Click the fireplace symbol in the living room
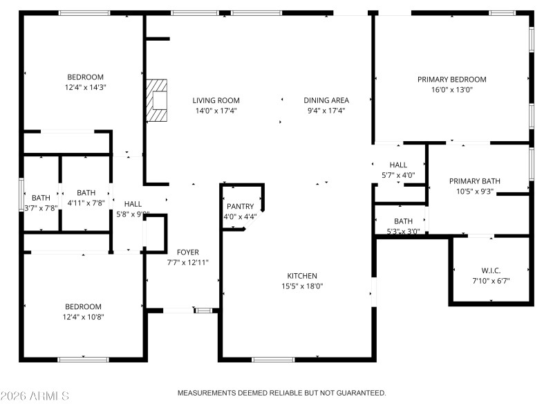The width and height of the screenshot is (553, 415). [157, 100]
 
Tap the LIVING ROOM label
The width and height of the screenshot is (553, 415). [216, 100]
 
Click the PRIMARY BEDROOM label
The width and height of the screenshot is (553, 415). [451, 80]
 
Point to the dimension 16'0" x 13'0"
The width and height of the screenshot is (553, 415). [451, 89]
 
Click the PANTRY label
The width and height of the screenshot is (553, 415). [240, 207]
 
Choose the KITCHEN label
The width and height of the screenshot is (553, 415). [302, 275]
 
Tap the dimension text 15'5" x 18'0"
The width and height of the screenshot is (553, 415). [302, 286]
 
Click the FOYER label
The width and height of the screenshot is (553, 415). [187, 252]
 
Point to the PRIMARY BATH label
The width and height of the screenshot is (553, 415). [474, 181]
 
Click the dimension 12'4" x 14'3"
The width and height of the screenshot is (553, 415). [85, 87]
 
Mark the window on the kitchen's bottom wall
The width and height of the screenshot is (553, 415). [273, 360]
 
